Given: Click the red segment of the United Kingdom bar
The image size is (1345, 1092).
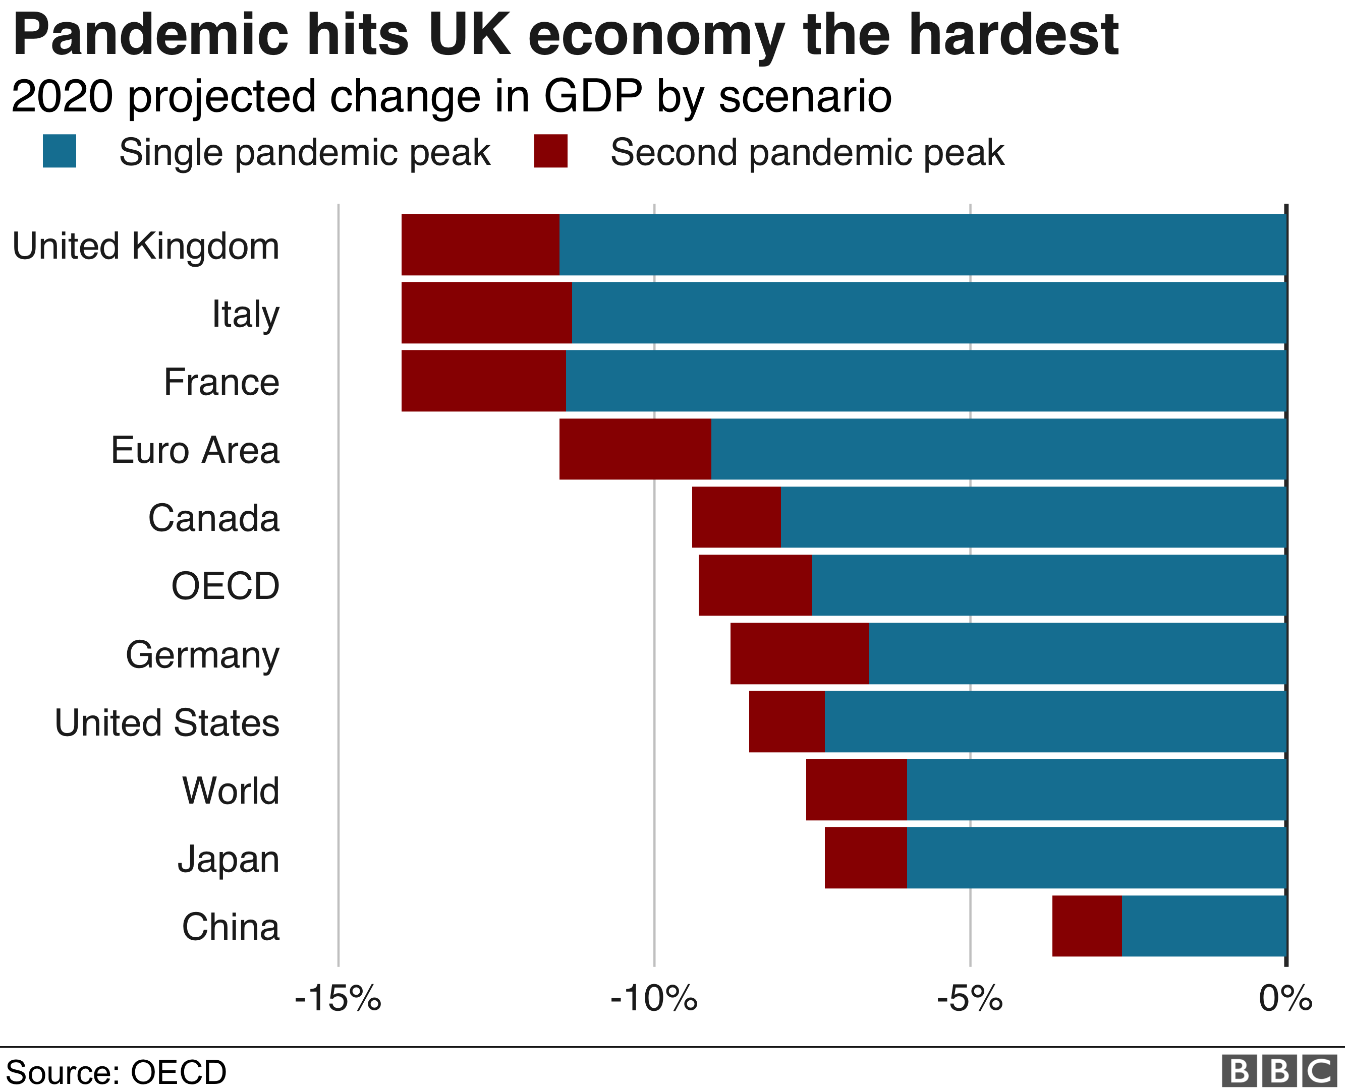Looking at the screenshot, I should coord(480,245).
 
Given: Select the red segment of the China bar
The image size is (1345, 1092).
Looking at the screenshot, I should coord(1087,926).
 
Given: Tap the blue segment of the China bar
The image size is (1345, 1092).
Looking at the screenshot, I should coord(1203,926).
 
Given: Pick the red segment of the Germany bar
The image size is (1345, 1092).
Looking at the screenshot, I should coord(799,653).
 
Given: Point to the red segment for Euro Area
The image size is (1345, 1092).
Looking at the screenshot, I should coord(635,449).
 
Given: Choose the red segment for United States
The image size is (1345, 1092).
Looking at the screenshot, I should coord(787,721).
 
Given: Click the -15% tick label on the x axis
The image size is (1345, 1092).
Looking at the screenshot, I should coord(338,999).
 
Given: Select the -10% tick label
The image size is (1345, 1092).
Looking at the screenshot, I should coord(654,999).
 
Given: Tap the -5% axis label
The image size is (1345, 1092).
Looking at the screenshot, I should coord(969,999).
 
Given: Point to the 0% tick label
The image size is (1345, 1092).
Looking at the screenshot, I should coord(1285,999).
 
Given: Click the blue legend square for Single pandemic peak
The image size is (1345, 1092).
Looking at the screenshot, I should coord(59,151).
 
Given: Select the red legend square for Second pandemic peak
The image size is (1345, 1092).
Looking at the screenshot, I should coord(551,151).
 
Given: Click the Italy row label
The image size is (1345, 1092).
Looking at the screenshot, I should coord(246,314).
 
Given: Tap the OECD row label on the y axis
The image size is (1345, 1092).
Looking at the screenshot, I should coord(226,586).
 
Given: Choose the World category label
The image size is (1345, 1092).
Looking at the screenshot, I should coord(231,791).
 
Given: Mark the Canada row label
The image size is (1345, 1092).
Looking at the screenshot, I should coord(213,518).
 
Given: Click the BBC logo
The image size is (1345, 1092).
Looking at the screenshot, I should coord(1279,1071).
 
